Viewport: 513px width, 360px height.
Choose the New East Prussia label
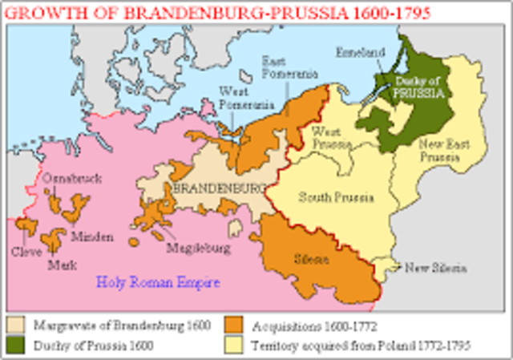439,151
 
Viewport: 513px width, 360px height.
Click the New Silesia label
434,268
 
